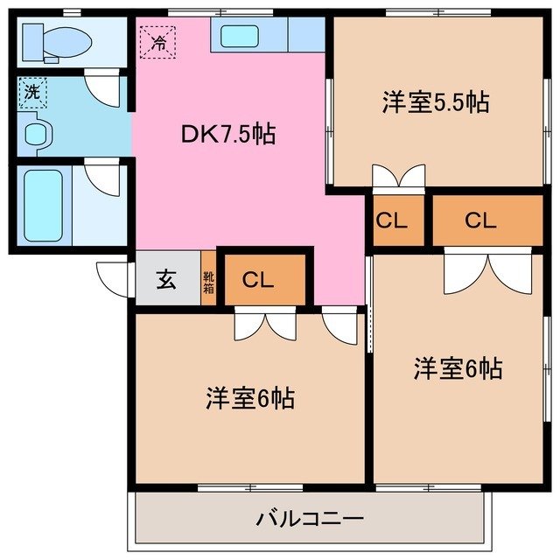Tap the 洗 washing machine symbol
click(x=31, y=92)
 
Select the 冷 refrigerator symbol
click(x=158, y=41)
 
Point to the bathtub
click(x=42, y=204)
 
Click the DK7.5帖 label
click(x=227, y=134)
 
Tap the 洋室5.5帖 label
click(x=434, y=102)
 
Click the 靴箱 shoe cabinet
click(x=209, y=280)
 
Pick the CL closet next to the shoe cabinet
click(x=259, y=280)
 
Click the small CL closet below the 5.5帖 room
click(x=391, y=220)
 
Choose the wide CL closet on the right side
click(x=480, y=220)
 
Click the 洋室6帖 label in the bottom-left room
click(x=250, y=399)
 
